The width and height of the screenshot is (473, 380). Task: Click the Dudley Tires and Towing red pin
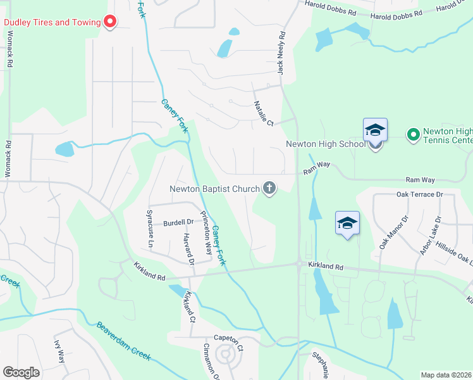pyautogui.click(x=110, y=22)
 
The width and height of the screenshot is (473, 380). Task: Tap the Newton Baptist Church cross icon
pyautogui.click(x=269, y=188)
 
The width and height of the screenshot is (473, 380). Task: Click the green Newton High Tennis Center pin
pyautogui.click(x=413, y=134)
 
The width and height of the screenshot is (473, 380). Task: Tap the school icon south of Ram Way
pyautogui.click(x=347, y=223)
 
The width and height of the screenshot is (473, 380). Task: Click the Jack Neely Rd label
pyautogui.click(x=282, y=54)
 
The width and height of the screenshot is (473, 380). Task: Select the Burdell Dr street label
pyautogui.click(x=178, y=222)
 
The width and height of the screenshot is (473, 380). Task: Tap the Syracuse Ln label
pyautogui.click(x=150, y=229)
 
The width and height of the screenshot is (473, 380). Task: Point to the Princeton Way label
pyautogui.click(x=206, y=232)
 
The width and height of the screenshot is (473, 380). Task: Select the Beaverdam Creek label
pyautogui.click(x=123, y=341)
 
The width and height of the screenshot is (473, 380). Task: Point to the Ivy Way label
pyautogui.click(x=59, y=352)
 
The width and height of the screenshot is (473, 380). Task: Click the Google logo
pyautogui.click(x=21, y=372)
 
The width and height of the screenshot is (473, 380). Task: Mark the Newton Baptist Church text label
pyautogui.click(x=214, y=189)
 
